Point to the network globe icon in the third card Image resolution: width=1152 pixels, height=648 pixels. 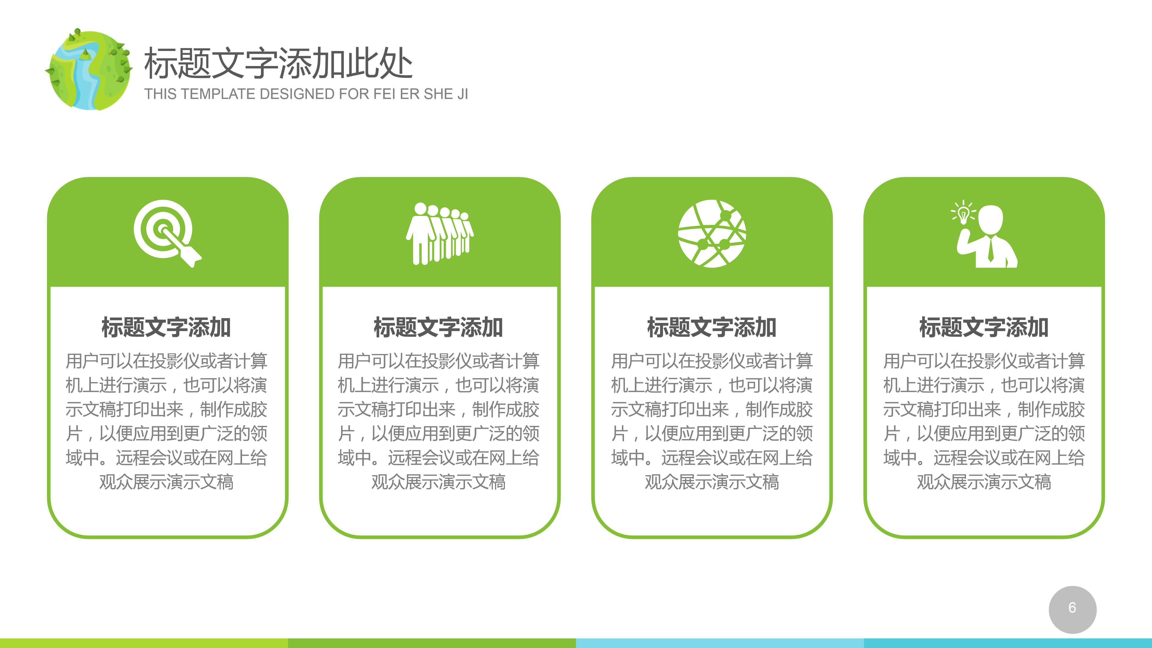click(x=712, y=233)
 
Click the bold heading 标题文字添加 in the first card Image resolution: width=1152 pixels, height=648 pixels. click(x=166, y=327)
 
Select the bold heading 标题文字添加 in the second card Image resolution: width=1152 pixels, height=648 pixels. click(x=438, y=327)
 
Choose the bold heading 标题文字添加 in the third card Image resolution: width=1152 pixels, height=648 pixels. click(x=712, y=327)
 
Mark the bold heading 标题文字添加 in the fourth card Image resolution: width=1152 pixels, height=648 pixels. click(x=984, y=327)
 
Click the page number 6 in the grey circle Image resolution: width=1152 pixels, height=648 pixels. click(x=1072, y=608)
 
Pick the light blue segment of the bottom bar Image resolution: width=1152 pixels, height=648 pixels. click(x=720, y=643)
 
